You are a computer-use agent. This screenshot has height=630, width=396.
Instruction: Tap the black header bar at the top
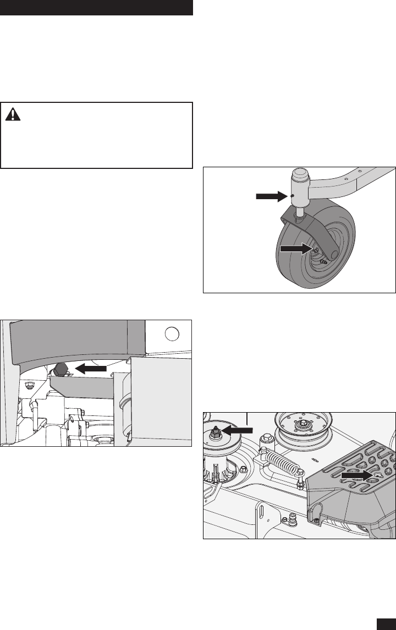click(96, 8)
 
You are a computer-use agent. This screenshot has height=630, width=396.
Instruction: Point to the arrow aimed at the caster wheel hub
click(296, 249)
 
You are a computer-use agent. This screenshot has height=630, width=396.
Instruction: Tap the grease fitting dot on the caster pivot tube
click(293, 196)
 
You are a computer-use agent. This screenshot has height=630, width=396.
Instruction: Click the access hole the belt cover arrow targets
click(377, 461)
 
